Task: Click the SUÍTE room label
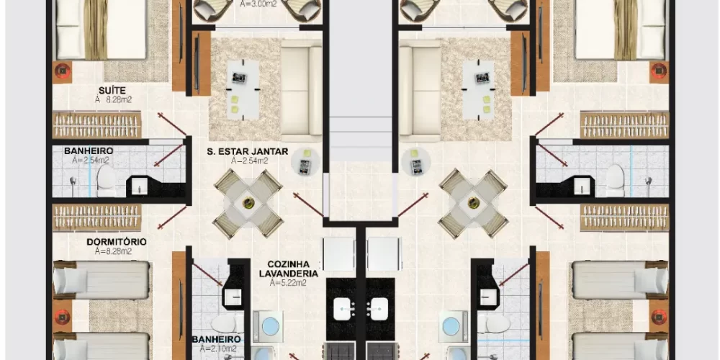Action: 112,91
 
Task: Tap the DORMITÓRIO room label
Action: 117,241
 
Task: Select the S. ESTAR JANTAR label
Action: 247,151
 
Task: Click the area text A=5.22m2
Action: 289,283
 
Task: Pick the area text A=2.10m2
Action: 216,348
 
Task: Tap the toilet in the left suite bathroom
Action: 107,181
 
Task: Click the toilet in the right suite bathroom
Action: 615,181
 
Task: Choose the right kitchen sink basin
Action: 379,309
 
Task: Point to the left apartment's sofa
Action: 301,91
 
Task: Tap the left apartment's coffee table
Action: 243,89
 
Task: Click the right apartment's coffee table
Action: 479,89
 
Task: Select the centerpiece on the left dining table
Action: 248,202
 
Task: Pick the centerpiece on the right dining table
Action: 473,202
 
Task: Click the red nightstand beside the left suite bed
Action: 62,71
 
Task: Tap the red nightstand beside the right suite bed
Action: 659,71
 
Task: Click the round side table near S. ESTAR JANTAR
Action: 303,161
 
